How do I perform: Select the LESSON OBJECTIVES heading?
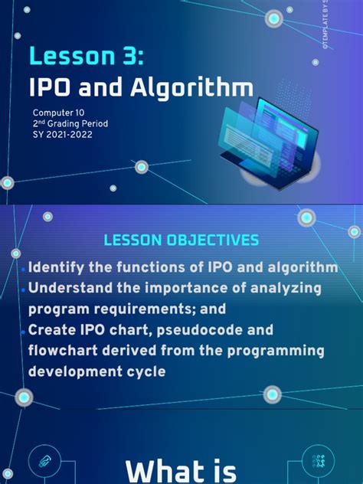(x=181, y=240)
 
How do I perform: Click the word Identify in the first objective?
(x=60, y=267)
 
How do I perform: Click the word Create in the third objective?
(x=51, y=330)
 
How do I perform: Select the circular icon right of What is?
(x=319, y=460)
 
